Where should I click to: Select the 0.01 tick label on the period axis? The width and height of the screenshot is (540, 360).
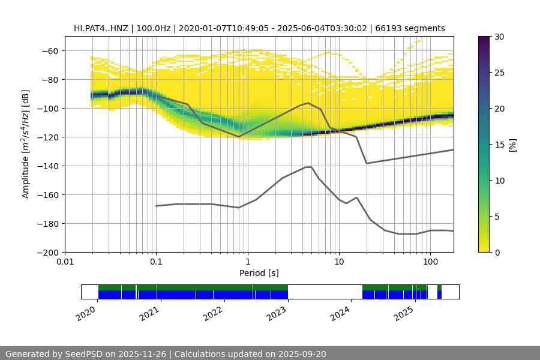(65, 262)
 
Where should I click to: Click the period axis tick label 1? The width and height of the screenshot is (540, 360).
(247, 262)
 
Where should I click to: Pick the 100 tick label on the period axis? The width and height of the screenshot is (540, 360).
(430, 262)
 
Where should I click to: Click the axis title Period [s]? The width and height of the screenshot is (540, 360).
(259, 273)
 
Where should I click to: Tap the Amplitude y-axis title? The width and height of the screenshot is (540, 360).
(25, 144)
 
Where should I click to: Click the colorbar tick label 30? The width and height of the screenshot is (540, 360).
(499, 37)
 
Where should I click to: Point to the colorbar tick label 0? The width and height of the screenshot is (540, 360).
(497, 252)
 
